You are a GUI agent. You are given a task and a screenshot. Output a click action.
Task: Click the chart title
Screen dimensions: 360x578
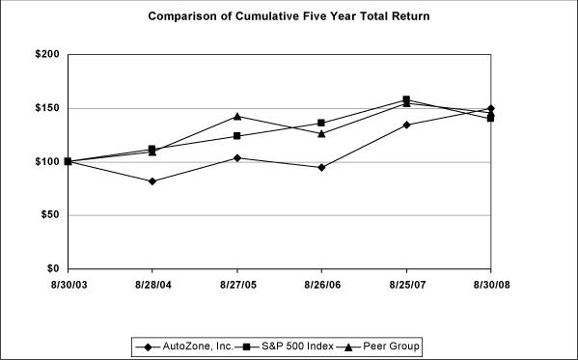pos(289,16)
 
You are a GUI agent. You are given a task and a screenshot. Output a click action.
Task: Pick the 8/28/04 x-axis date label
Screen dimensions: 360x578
pos(151,286)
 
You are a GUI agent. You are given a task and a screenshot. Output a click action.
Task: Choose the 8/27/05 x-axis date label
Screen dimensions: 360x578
pos(236,286)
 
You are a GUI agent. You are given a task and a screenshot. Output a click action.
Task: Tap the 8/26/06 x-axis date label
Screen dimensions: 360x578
pos(321,286)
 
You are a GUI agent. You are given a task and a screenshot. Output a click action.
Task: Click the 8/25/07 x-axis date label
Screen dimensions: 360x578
pos(406,286)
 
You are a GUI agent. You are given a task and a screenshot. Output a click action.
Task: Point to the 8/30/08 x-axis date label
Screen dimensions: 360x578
pos(491,286)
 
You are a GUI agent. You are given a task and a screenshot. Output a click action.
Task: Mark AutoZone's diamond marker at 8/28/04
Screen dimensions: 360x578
pos(152,181)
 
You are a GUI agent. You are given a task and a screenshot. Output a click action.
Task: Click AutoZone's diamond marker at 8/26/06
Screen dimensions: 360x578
pos(321,168)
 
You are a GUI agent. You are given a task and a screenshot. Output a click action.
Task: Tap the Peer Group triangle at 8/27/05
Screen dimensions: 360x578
pos(236,117)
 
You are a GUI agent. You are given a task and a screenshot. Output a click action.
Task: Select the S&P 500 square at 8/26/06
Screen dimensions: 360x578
pos(321,124)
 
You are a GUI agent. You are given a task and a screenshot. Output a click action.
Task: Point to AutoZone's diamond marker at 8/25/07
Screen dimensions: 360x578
pos(406,125)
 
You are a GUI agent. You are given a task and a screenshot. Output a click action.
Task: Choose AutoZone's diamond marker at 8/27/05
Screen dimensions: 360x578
pos(236,157)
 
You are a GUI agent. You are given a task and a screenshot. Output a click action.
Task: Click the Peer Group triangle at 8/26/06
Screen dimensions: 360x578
pos(321,133)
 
